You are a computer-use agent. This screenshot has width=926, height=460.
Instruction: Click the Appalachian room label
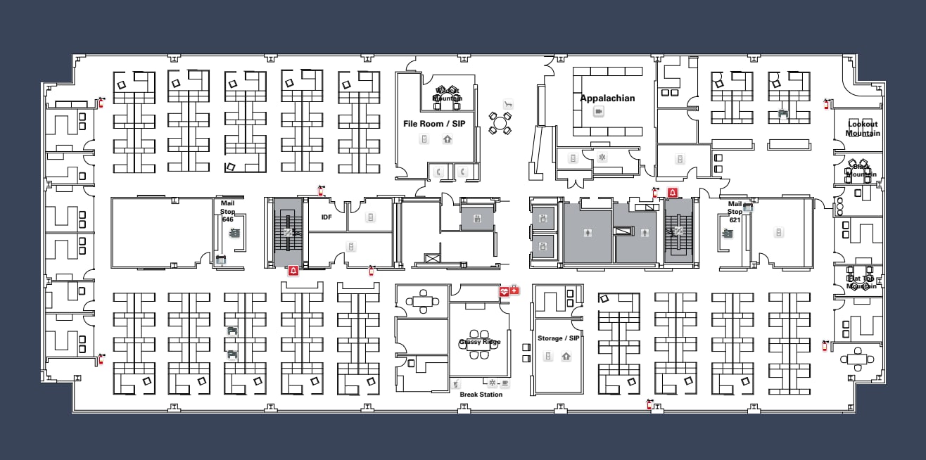(607, 98)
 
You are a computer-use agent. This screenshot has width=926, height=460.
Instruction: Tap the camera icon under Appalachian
(599, 112)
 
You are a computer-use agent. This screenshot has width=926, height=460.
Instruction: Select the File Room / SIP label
(433, 124)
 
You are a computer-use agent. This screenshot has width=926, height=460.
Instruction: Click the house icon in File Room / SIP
(448, 139)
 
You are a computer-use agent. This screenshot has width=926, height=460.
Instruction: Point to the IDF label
(326, 217)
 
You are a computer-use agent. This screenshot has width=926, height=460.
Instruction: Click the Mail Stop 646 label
(227, 211)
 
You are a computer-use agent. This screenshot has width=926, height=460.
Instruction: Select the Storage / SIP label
(558, 338)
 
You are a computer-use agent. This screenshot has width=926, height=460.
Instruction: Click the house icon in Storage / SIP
(566, 357)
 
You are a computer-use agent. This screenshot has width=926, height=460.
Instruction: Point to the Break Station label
(481, 395)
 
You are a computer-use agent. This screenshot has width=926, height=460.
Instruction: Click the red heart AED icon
(504, 290)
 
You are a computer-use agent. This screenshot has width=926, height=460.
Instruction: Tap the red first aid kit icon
(514, 290)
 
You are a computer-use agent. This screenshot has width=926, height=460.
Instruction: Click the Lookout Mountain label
(863, 129)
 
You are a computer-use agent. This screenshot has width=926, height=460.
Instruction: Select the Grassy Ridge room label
(480, 342)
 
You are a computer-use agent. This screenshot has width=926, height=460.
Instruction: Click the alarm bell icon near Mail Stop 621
(673, 192)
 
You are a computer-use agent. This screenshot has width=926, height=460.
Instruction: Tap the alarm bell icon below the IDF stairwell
(293, 270)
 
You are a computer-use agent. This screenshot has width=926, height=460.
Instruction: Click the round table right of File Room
(500, 124)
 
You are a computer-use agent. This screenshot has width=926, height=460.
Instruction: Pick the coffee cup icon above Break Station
(456, 384)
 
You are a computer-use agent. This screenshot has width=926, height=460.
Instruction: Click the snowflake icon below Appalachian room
(602, 158)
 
